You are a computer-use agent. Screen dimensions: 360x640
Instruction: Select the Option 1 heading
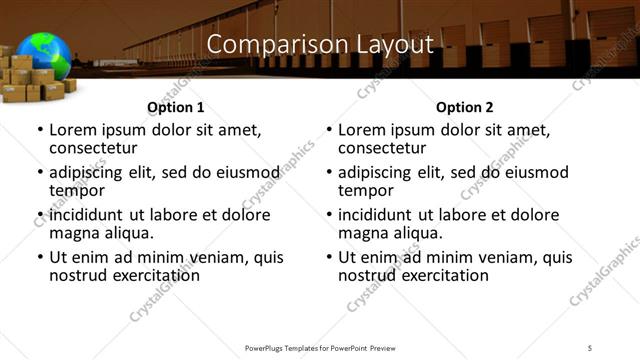point(175,106)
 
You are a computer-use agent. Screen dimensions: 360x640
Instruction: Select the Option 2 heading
point(464,106)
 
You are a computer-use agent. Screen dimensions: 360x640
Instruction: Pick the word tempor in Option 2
point(362,191)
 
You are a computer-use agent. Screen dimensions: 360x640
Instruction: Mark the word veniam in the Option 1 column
point(215,257)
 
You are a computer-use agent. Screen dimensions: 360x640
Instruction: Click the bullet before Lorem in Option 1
point(40,131)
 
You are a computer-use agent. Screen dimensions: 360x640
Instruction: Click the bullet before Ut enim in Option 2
point(329,257)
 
